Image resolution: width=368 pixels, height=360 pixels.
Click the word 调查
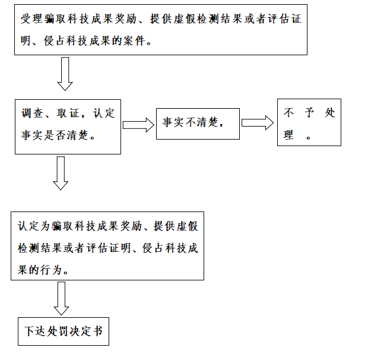coord(31,113)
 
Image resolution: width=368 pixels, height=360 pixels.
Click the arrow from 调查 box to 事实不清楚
coord(138,125)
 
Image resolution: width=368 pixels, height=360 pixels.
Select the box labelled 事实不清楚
coord(198,124)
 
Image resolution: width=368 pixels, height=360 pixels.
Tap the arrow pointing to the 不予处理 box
coord(258,122)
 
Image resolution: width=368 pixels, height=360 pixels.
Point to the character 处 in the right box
coord(330,113)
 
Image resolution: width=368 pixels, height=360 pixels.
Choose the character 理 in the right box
coord(289,135)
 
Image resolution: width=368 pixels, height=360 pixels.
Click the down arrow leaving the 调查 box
coord(61,172)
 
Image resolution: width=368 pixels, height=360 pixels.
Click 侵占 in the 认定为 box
coord(153,248)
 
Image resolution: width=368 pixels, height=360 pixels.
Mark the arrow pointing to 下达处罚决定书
coord(61,298)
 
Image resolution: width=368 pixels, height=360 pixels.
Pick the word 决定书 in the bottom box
coord(90,331)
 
